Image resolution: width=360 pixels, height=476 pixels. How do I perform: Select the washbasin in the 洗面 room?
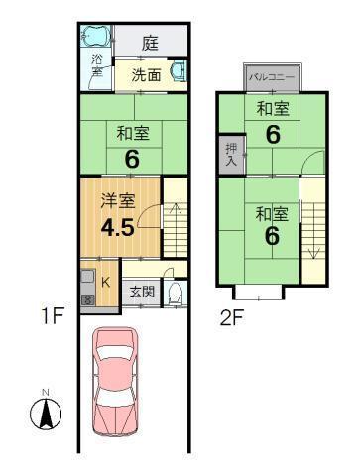(x=177, y=72)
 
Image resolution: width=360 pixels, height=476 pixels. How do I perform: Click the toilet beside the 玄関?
(x=175, y=293)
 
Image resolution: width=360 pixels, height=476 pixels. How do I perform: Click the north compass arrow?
(x=44, y=411)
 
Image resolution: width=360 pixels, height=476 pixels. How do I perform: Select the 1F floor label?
(x=52, y=317)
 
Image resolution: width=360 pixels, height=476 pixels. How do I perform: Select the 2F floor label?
(x=233, y=317)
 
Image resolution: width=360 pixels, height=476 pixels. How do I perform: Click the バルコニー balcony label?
(x=269, y=76)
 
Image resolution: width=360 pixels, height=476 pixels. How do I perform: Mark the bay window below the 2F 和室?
(x=260, y=291)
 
